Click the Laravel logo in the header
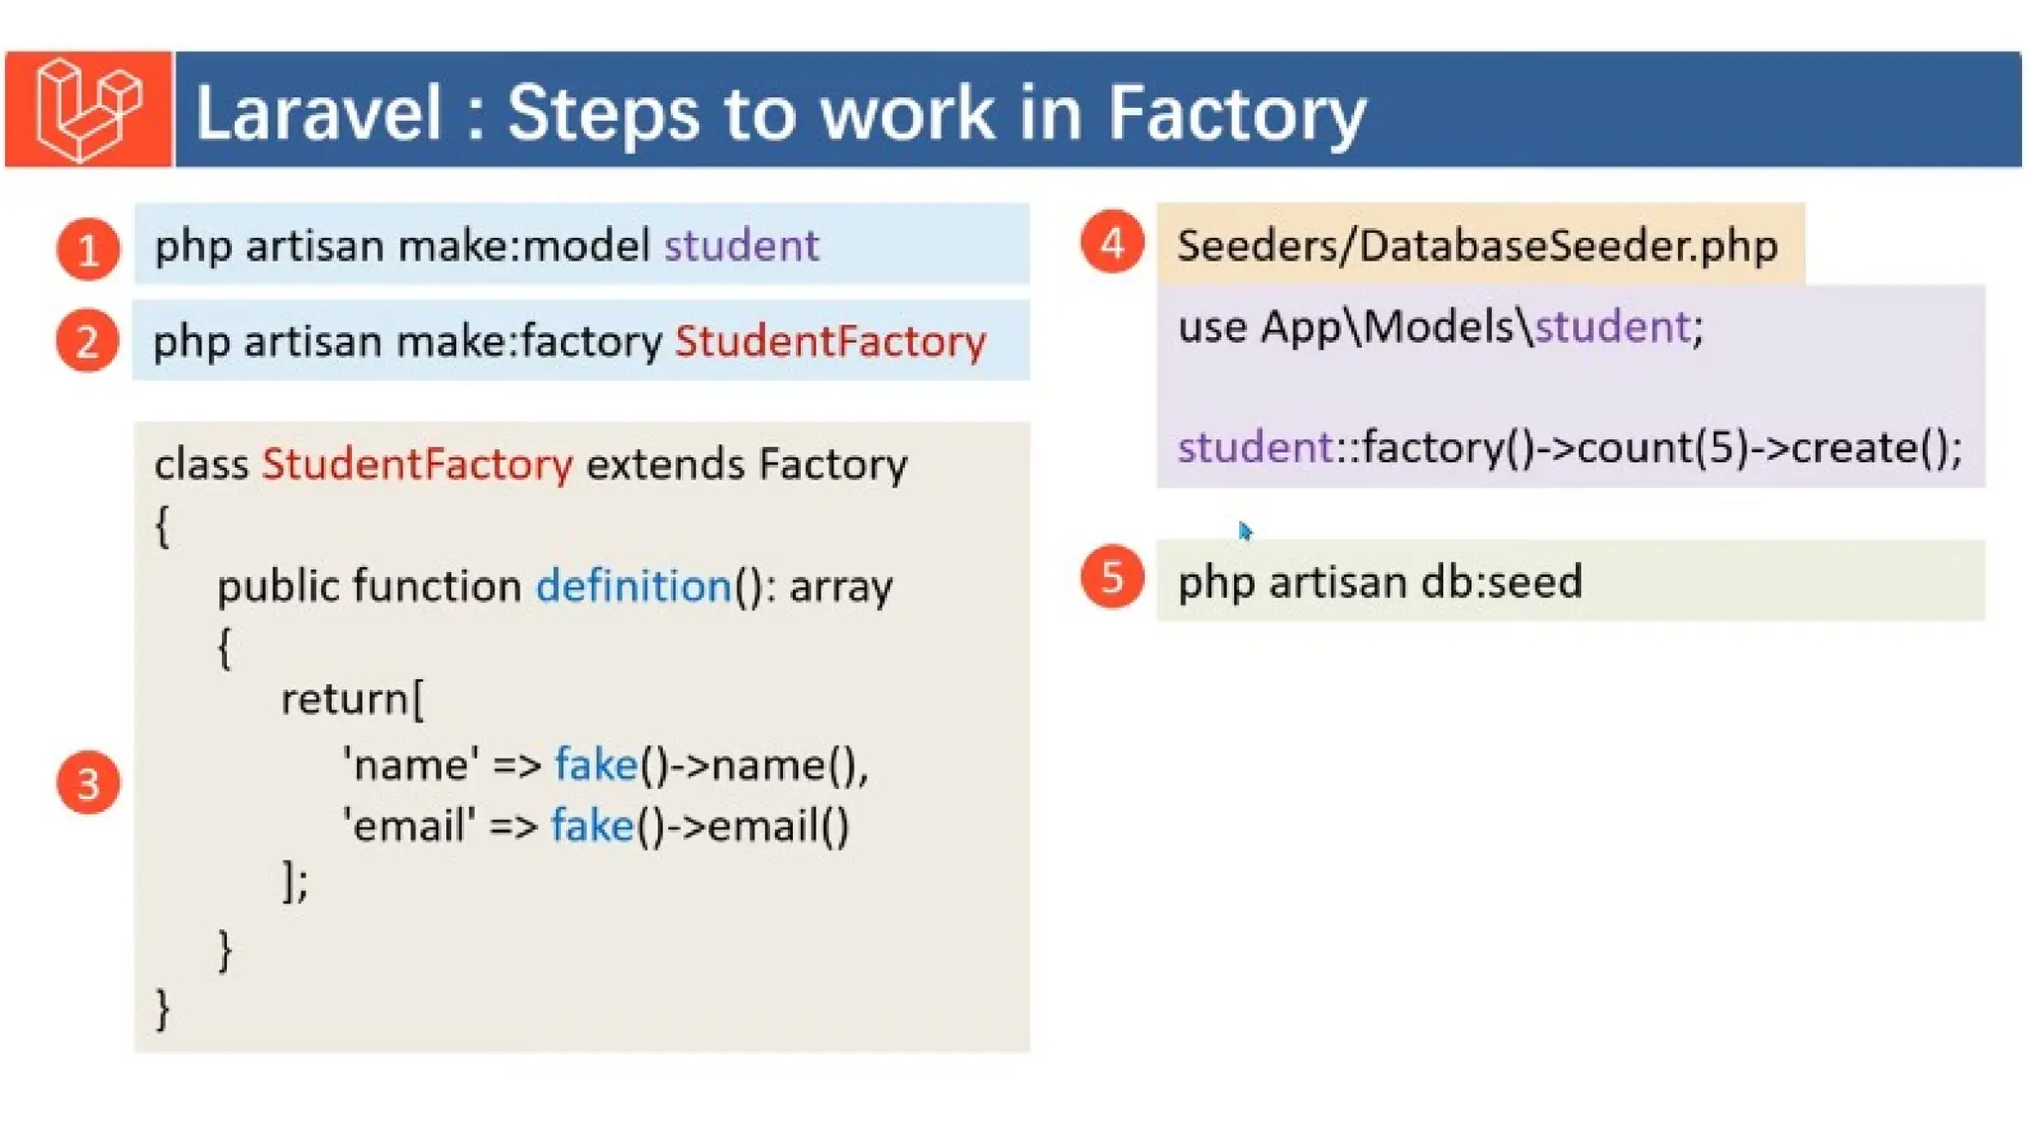point(88,109)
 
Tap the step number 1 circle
point(88,249)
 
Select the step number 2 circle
point(87,342)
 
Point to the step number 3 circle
point(88,783)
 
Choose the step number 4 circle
point(1112,243)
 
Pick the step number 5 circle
point(1112,577)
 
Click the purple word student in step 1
point(741,246)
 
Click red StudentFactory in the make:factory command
point(831,342)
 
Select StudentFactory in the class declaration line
point(417,464)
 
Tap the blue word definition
point(634,586)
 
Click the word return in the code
point(345,699)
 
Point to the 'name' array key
point(410,765)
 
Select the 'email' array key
point(408,826)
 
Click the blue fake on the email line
point(592,826)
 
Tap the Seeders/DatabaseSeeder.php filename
point(1477,246)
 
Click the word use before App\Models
point(1211,327)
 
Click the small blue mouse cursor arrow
point(1245,531)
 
